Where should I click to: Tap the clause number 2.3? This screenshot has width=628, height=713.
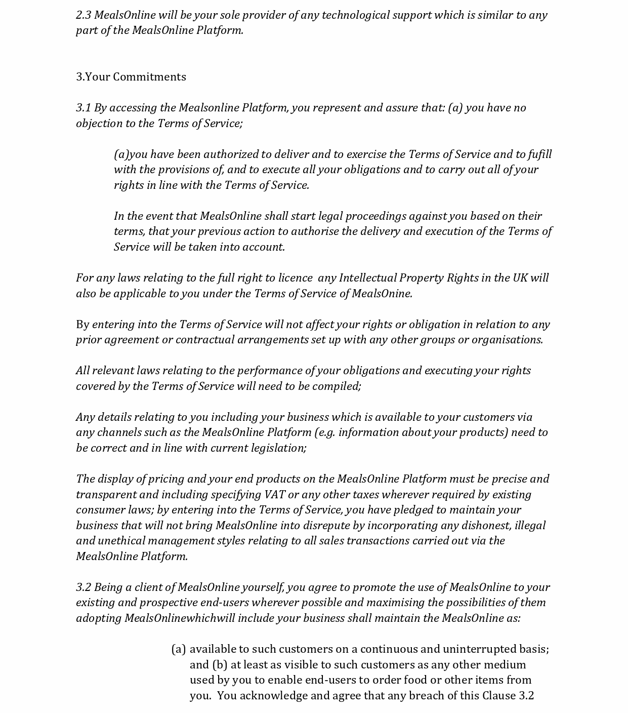tap(83, 15)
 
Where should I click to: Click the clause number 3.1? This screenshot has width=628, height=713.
tap(83, 108)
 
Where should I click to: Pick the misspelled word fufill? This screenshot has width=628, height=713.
tap(539, 154)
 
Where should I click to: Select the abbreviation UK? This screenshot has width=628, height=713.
tap(520, 278)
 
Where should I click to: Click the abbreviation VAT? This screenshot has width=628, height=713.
tap(274, 495)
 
